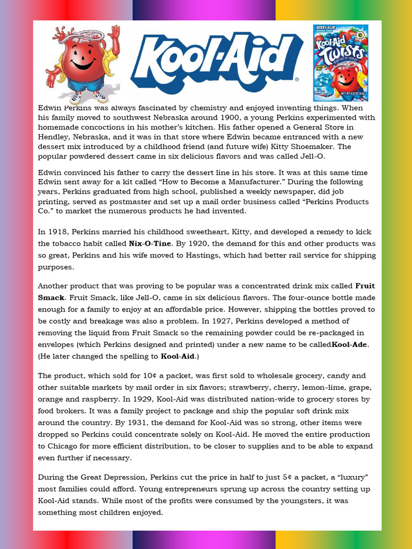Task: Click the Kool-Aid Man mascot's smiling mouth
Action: [x=82, y=65]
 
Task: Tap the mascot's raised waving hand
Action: [x=113, y=35]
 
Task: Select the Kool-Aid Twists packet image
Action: [x=341, y=62]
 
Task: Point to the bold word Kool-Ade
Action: [x=350, y=344]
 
